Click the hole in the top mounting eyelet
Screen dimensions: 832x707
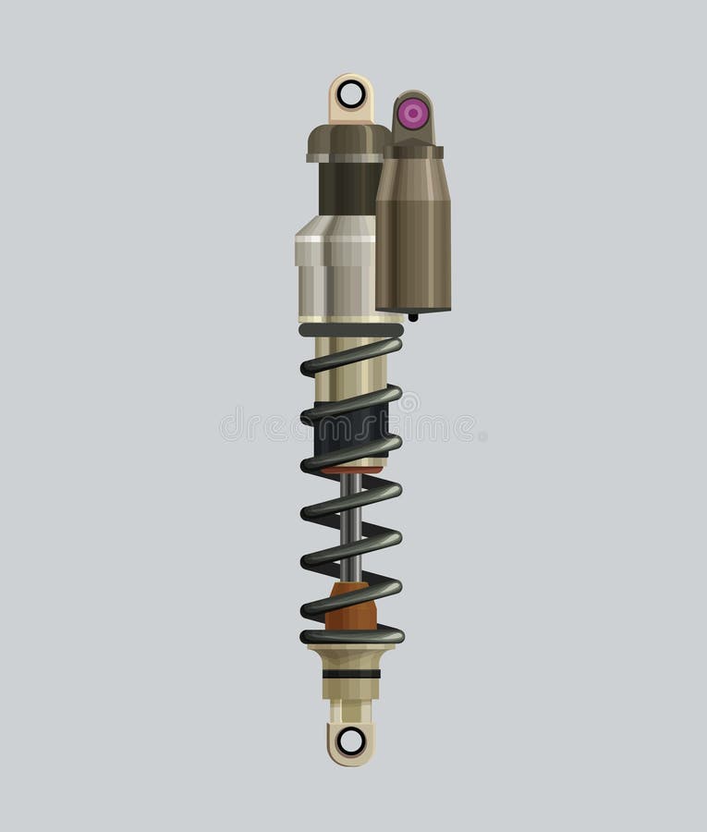pos(351,93)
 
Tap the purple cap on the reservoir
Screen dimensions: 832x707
pos(412,114)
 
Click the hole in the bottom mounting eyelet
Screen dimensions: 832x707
pos(351,740)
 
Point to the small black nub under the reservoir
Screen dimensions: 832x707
pos(413,316)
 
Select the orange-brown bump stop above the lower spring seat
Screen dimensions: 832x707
pos(352,608)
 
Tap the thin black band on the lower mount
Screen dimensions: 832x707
pos(351,674)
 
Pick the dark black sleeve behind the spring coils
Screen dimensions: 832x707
pos(351,427)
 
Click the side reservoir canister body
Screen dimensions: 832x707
pos(413,231)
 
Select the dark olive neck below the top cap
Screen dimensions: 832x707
pos(347,189)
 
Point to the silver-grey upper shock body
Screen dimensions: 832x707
pos(335,268)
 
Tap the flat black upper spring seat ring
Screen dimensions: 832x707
pos(351,329)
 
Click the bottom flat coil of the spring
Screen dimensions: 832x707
pos(351,636)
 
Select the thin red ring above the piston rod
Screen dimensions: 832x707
pos(351,471)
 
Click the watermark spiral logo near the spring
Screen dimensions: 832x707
pos(407,403)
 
